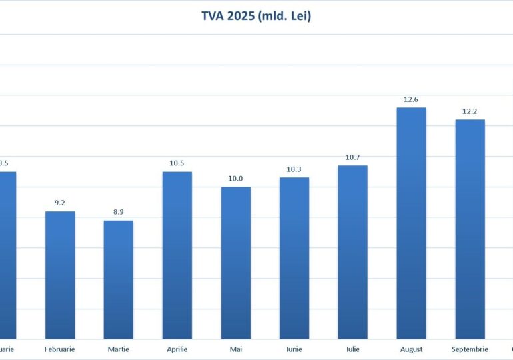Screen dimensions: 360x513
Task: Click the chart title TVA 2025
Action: pyautogui.click(x=256, y=15)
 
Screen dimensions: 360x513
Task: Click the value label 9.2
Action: pyautogui.click(x=60, y=203)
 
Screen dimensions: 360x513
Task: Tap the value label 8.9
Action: pyautogui.click(x=119, y=212)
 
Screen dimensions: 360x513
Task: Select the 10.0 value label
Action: pyautogui.click(x=236, y=178)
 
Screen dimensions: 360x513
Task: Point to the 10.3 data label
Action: pyautogui.click(x=294, y=169)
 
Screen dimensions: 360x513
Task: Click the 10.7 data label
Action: pyautogui.click(x=352, y=157)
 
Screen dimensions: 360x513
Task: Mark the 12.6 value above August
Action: pyautogui.click(x=411, y=99)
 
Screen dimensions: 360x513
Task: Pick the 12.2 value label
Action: pyautogui.click(x=470, y=111)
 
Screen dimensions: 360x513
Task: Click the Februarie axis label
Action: pyautogui.click(x=60, y=349)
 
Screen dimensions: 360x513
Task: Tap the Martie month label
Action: pyautogui.click(x=119, y=349)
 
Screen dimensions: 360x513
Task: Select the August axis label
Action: pyautogui.click(x=411, y=349)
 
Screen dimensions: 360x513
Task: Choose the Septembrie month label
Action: pyautogui.click(x=470, y=349)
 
